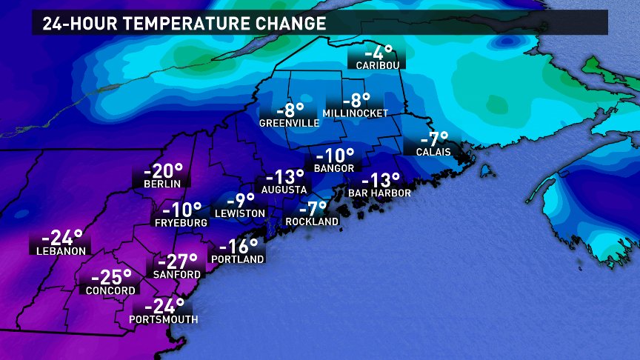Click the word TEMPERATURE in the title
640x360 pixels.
pyautogui.click(x=192, y=23)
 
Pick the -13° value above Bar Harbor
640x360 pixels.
pyautogui.click(x=380, y=181)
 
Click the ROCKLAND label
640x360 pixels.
pyautogui.click(x=314, y=221)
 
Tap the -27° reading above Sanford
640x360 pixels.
pyautogui.click(x=177, y=262)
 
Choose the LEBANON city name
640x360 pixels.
pyautogui.click(x=61, y=250)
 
